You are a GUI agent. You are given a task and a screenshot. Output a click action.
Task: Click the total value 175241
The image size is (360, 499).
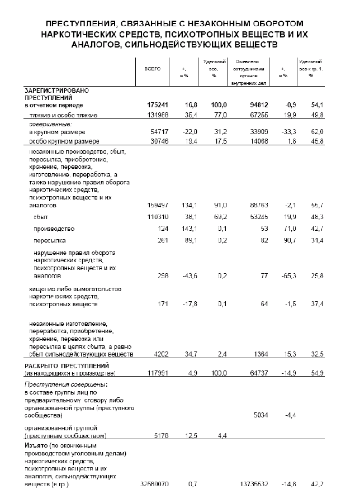coord(157,105)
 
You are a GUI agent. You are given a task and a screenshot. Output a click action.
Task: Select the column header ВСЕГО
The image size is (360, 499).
coord(153,68)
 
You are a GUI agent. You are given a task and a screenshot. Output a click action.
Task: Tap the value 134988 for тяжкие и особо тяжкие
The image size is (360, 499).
coord(157,115)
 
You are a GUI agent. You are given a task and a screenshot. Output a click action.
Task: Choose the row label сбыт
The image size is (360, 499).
coord(41,216)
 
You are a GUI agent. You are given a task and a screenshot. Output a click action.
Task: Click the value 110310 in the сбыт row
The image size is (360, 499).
coord(157,216)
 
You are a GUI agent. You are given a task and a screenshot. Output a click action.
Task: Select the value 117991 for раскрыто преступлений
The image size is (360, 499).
coord(157,372)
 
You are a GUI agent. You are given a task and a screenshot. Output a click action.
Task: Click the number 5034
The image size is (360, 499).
coord(254,415)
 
